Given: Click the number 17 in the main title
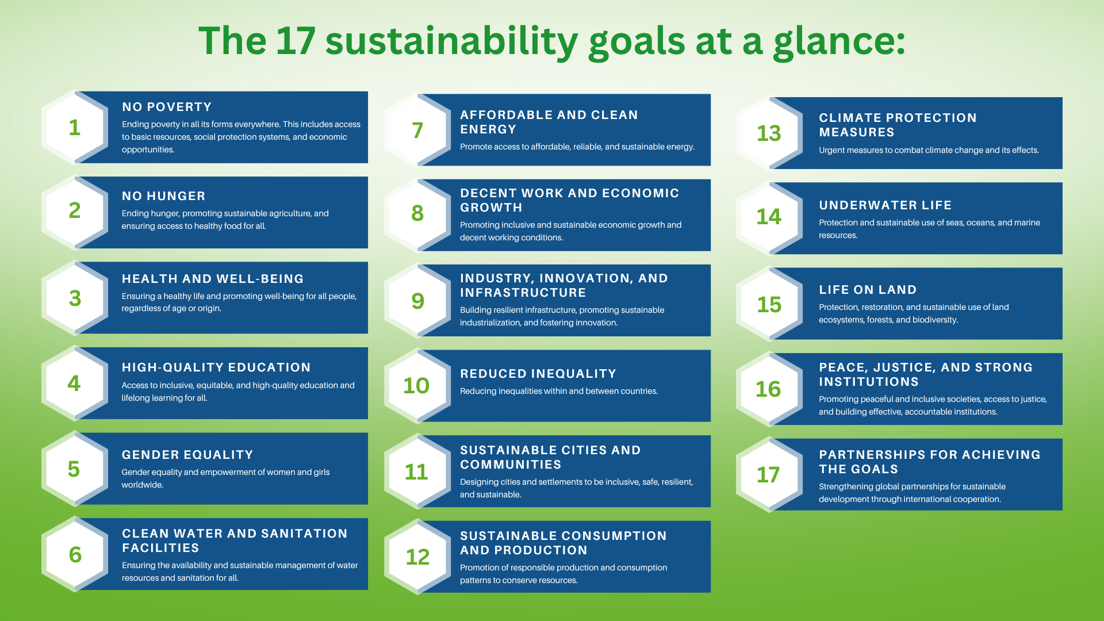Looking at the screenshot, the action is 296,41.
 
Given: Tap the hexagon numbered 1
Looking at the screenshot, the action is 75,127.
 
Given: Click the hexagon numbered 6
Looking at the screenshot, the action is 75,554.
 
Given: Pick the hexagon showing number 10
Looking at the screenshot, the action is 417,386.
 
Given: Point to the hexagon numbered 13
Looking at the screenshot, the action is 769,133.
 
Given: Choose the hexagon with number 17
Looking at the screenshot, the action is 769,475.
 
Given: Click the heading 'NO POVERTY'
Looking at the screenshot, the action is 167,107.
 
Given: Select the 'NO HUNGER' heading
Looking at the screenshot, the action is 163,196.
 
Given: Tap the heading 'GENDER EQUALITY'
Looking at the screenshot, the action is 187,455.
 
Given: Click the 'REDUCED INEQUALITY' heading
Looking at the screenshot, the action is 538,374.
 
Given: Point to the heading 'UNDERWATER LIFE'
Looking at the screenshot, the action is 885,205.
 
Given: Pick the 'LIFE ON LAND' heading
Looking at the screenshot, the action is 868,290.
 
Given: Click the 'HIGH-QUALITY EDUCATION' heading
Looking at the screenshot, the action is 216,367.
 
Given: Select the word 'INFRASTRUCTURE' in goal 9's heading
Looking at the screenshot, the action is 523,293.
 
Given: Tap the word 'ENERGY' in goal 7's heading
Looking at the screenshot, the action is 488,129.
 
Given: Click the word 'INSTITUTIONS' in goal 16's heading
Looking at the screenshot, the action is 869,382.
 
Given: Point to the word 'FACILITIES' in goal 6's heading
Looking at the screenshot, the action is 160,548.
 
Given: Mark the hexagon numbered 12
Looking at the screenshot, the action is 417,557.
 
